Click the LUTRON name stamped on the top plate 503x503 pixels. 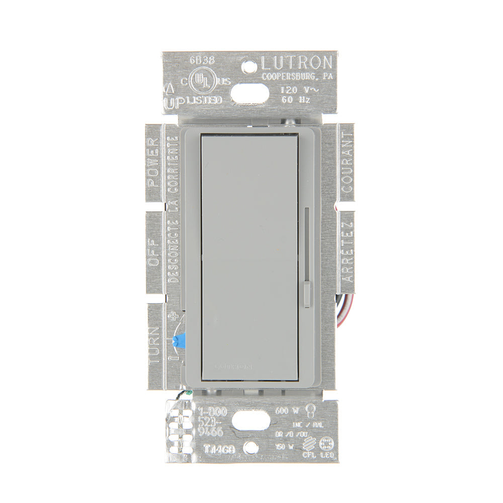[296, 63]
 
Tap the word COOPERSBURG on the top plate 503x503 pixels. [286, 76]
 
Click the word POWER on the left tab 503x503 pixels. [153, 161]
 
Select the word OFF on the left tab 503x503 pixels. [153, 254]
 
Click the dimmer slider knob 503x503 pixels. [307, 294]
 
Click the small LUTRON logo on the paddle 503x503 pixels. [233, 367]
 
